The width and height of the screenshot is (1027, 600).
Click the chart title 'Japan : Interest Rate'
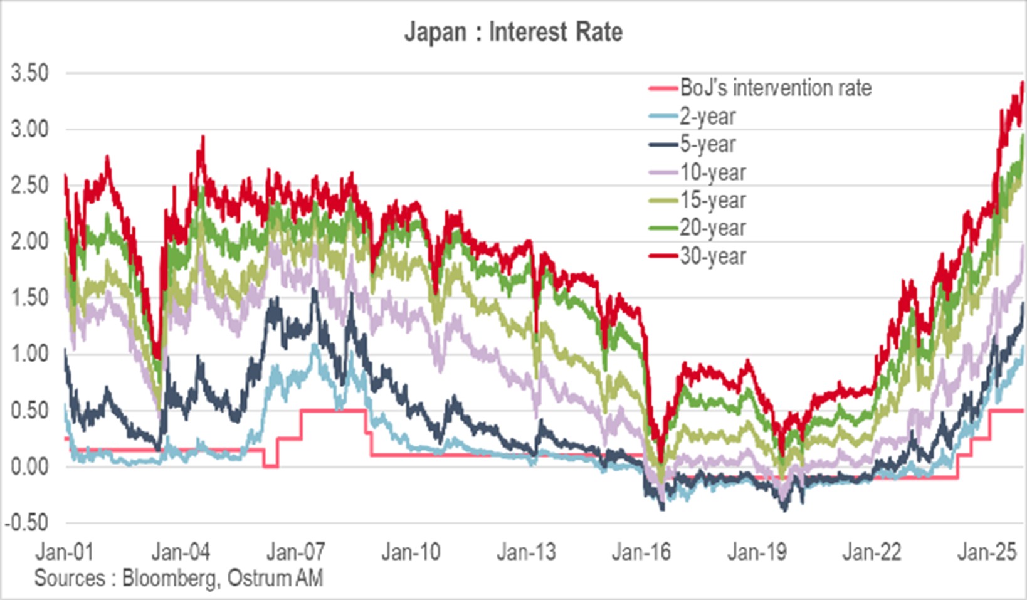513,31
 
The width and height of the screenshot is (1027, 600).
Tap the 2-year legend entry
707,116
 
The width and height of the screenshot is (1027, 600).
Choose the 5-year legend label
707,144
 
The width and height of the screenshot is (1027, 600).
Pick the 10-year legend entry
712,172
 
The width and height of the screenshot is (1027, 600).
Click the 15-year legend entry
712,200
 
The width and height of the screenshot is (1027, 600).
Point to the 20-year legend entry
712,228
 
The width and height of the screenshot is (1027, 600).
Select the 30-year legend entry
712,256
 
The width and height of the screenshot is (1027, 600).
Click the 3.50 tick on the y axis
29,73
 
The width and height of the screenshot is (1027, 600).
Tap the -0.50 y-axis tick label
26,522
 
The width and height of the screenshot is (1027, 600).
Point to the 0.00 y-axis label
29,466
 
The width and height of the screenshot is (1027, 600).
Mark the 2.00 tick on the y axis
29,241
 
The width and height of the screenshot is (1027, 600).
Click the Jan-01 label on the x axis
65,552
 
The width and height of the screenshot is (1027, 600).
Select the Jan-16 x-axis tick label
641,552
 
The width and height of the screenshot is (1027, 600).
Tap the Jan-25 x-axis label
986,552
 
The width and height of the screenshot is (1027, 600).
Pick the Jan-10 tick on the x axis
411,552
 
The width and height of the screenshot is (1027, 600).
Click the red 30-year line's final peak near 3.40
1022,83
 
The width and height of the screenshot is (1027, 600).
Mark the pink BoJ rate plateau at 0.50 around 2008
332,411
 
